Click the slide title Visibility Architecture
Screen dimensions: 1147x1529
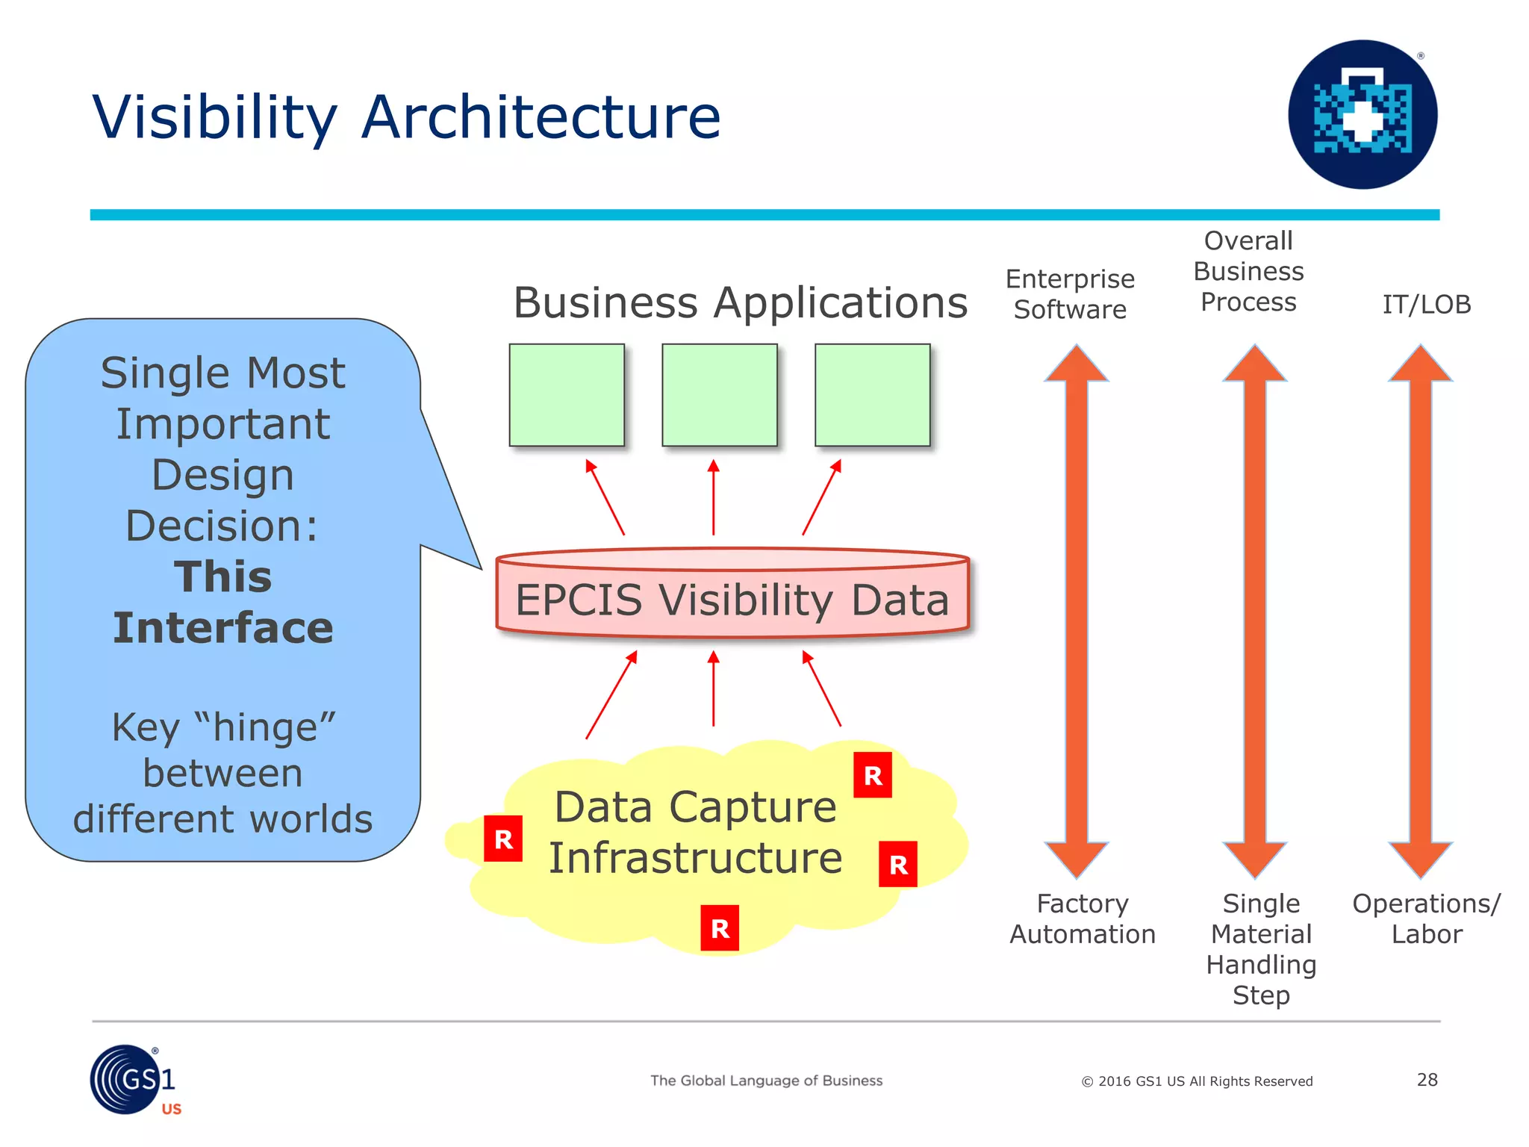point(406,117)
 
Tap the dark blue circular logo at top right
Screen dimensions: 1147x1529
point(1363,114)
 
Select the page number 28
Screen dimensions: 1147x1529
point(1427,1080)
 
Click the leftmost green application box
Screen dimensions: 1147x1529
point(567,395)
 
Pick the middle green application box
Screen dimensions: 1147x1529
point(720,395)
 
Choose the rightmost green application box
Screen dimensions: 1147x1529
point(872,395)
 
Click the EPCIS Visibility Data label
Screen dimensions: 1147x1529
point(732,600)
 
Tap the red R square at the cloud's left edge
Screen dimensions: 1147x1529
point(503,839)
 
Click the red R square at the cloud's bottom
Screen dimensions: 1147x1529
point(720,928)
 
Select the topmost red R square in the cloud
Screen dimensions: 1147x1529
point(873,776)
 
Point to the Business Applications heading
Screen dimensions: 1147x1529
point(740,303)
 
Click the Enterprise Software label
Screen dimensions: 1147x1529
point(1070,294)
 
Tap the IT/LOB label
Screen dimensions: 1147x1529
point(1426,305)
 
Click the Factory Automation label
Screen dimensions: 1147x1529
point(1082,919)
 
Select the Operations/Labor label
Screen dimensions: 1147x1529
point(1426,919)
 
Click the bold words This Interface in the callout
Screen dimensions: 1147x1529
point(222,602)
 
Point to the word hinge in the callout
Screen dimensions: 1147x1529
point(265,728)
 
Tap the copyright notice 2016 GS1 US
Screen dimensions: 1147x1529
point(1197,1081)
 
